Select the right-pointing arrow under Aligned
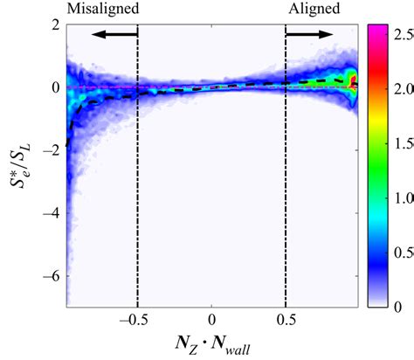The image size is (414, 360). coord(309,34)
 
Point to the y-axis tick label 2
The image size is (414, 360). coord(55,25)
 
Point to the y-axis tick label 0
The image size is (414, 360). coord(55,87)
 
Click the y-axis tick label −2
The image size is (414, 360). coord(51,149)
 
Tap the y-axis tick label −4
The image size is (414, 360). coord(51,211)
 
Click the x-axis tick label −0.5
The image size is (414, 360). coord(138,319)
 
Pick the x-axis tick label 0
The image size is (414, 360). coord(212,319)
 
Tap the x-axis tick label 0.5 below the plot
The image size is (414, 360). coord(286,319)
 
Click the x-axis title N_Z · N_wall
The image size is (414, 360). coord(212,345)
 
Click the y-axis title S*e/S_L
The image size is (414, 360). coord(19,166)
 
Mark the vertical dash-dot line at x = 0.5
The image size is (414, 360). coord(286,175)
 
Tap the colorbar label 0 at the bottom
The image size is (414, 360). coord(398,306)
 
